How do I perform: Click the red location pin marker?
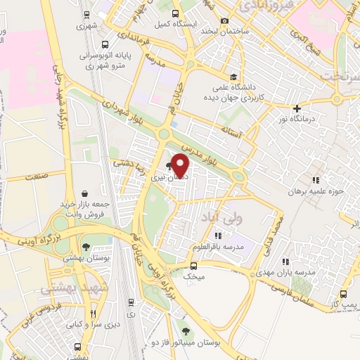coord(181,165)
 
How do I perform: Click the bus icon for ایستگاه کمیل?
coord(174,13)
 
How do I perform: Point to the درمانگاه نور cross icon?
coord(298,108)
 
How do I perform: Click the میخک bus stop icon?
coord(194,266)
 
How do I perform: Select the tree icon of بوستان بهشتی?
coord(86,247)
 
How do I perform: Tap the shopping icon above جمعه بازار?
coord(85,193)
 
